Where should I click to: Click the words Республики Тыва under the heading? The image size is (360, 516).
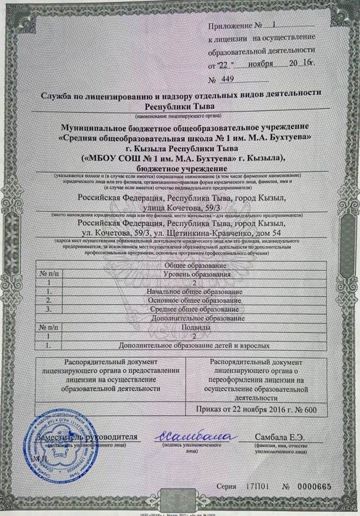179,106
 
